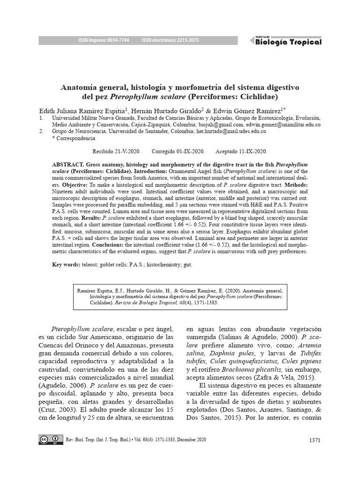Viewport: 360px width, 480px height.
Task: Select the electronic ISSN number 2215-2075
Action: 185,41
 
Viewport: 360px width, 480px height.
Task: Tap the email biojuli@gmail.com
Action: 222,125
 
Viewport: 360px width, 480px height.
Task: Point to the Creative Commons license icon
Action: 50,440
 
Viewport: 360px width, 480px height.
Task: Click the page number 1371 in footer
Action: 315,440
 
